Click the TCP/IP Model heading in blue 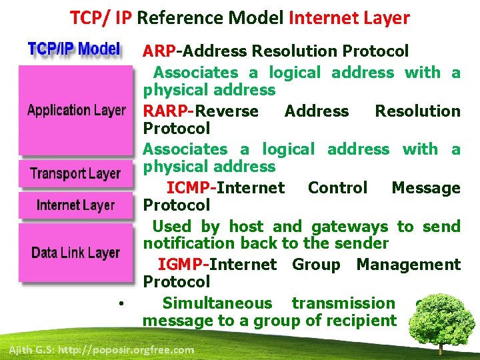[x=74, y=49]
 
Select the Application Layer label [x=76, y=110]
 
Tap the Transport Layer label [x=75, y=174]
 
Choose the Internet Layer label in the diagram [x=75, y=205]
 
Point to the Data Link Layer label [x=75, y=253]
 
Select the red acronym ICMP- [x=191, y=188]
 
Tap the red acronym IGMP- [x=183, y=265]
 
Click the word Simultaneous [x=217, y=303]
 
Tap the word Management [x=408, y=265]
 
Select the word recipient [x=363, y=321]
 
